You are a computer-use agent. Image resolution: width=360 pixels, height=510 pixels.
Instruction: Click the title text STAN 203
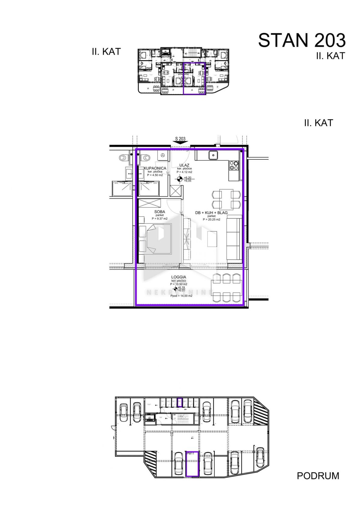301,40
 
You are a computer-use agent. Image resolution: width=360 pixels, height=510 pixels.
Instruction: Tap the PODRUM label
318,476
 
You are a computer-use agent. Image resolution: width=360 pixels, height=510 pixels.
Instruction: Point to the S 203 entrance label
180,139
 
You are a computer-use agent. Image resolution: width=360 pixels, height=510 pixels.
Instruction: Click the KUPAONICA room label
155,168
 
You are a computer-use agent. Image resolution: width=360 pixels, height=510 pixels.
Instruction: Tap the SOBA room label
160,212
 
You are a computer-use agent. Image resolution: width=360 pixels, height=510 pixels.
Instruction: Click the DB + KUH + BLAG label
211,213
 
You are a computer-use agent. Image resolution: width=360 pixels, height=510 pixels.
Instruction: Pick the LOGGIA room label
179,277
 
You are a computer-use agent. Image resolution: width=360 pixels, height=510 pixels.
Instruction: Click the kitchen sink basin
213,155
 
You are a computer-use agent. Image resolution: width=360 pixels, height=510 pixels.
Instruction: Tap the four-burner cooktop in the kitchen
234,166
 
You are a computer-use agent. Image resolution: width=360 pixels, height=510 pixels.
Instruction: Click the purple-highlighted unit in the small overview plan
194,79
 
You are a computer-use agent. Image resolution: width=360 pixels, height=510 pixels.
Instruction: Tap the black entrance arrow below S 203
180,144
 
